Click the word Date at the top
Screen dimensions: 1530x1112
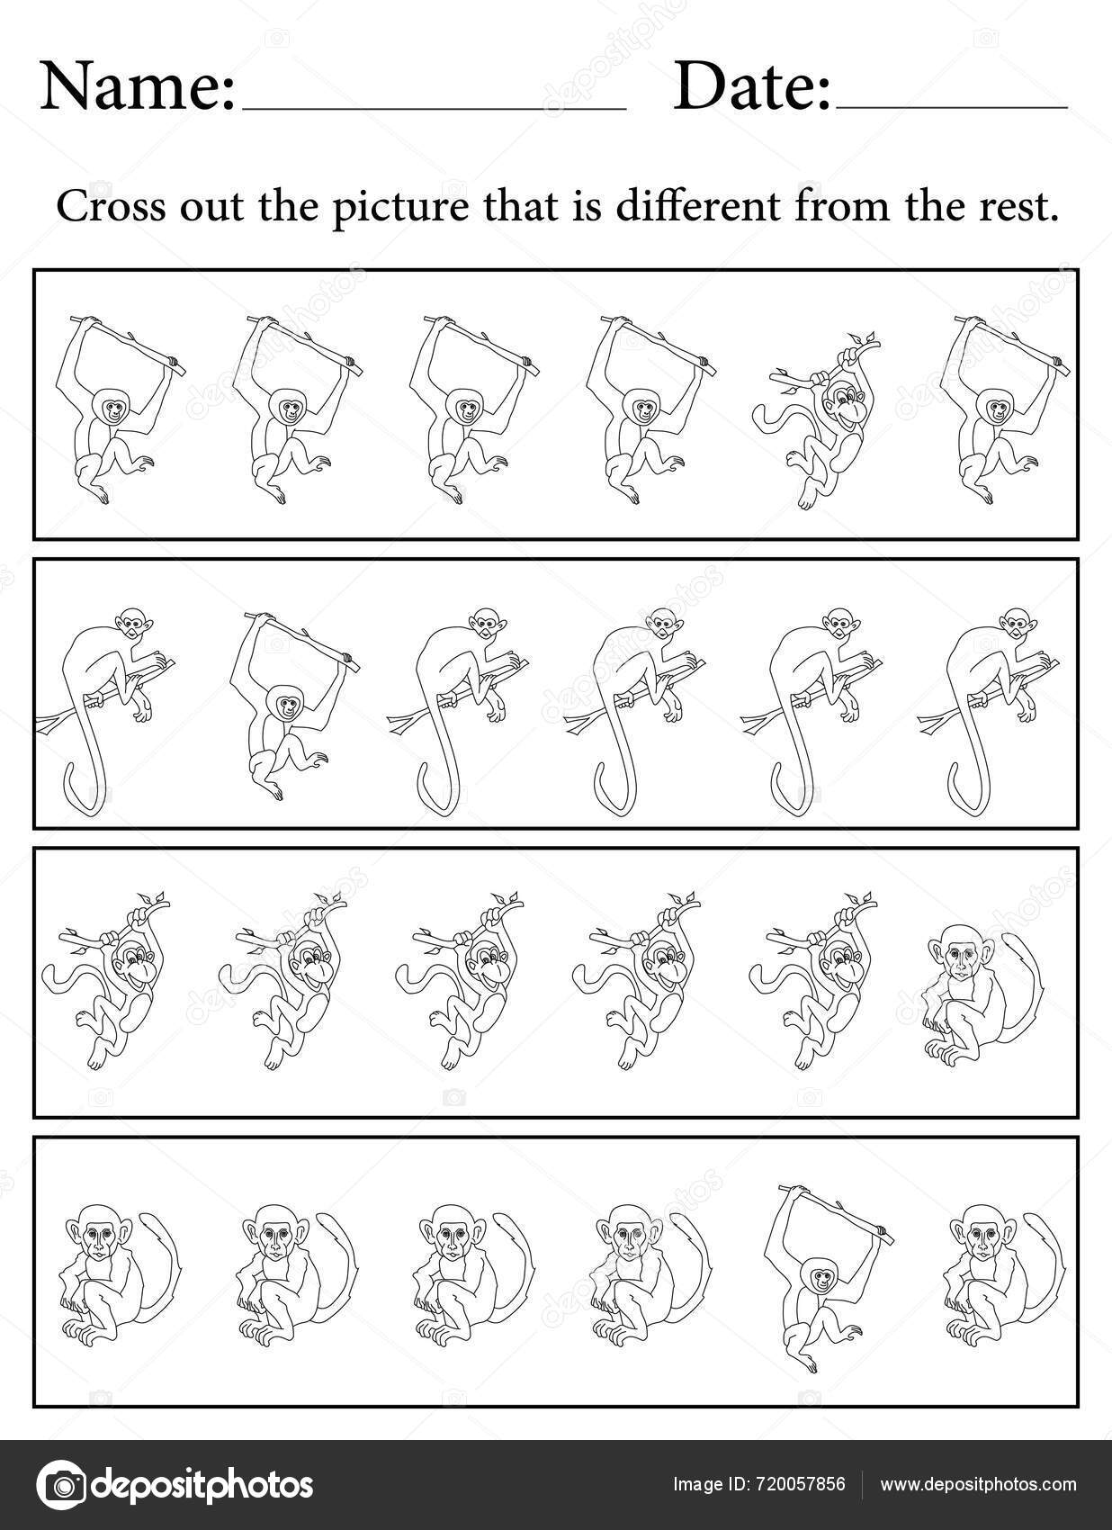click(752, 87)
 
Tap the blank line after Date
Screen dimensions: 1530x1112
click(951, 107)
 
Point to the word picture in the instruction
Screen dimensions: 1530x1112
click(403, 208)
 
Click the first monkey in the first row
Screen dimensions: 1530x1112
click(112, 409)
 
